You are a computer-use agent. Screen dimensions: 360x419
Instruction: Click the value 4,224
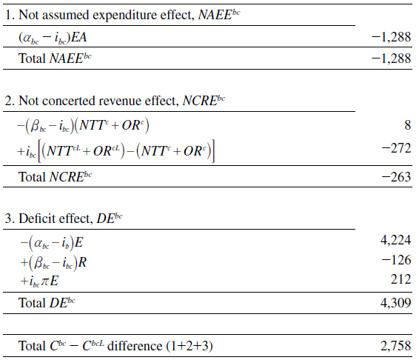pyautogui.click(x=395, y=240)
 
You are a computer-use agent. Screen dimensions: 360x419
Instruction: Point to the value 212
pyautogui.click(x=399, y=280)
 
